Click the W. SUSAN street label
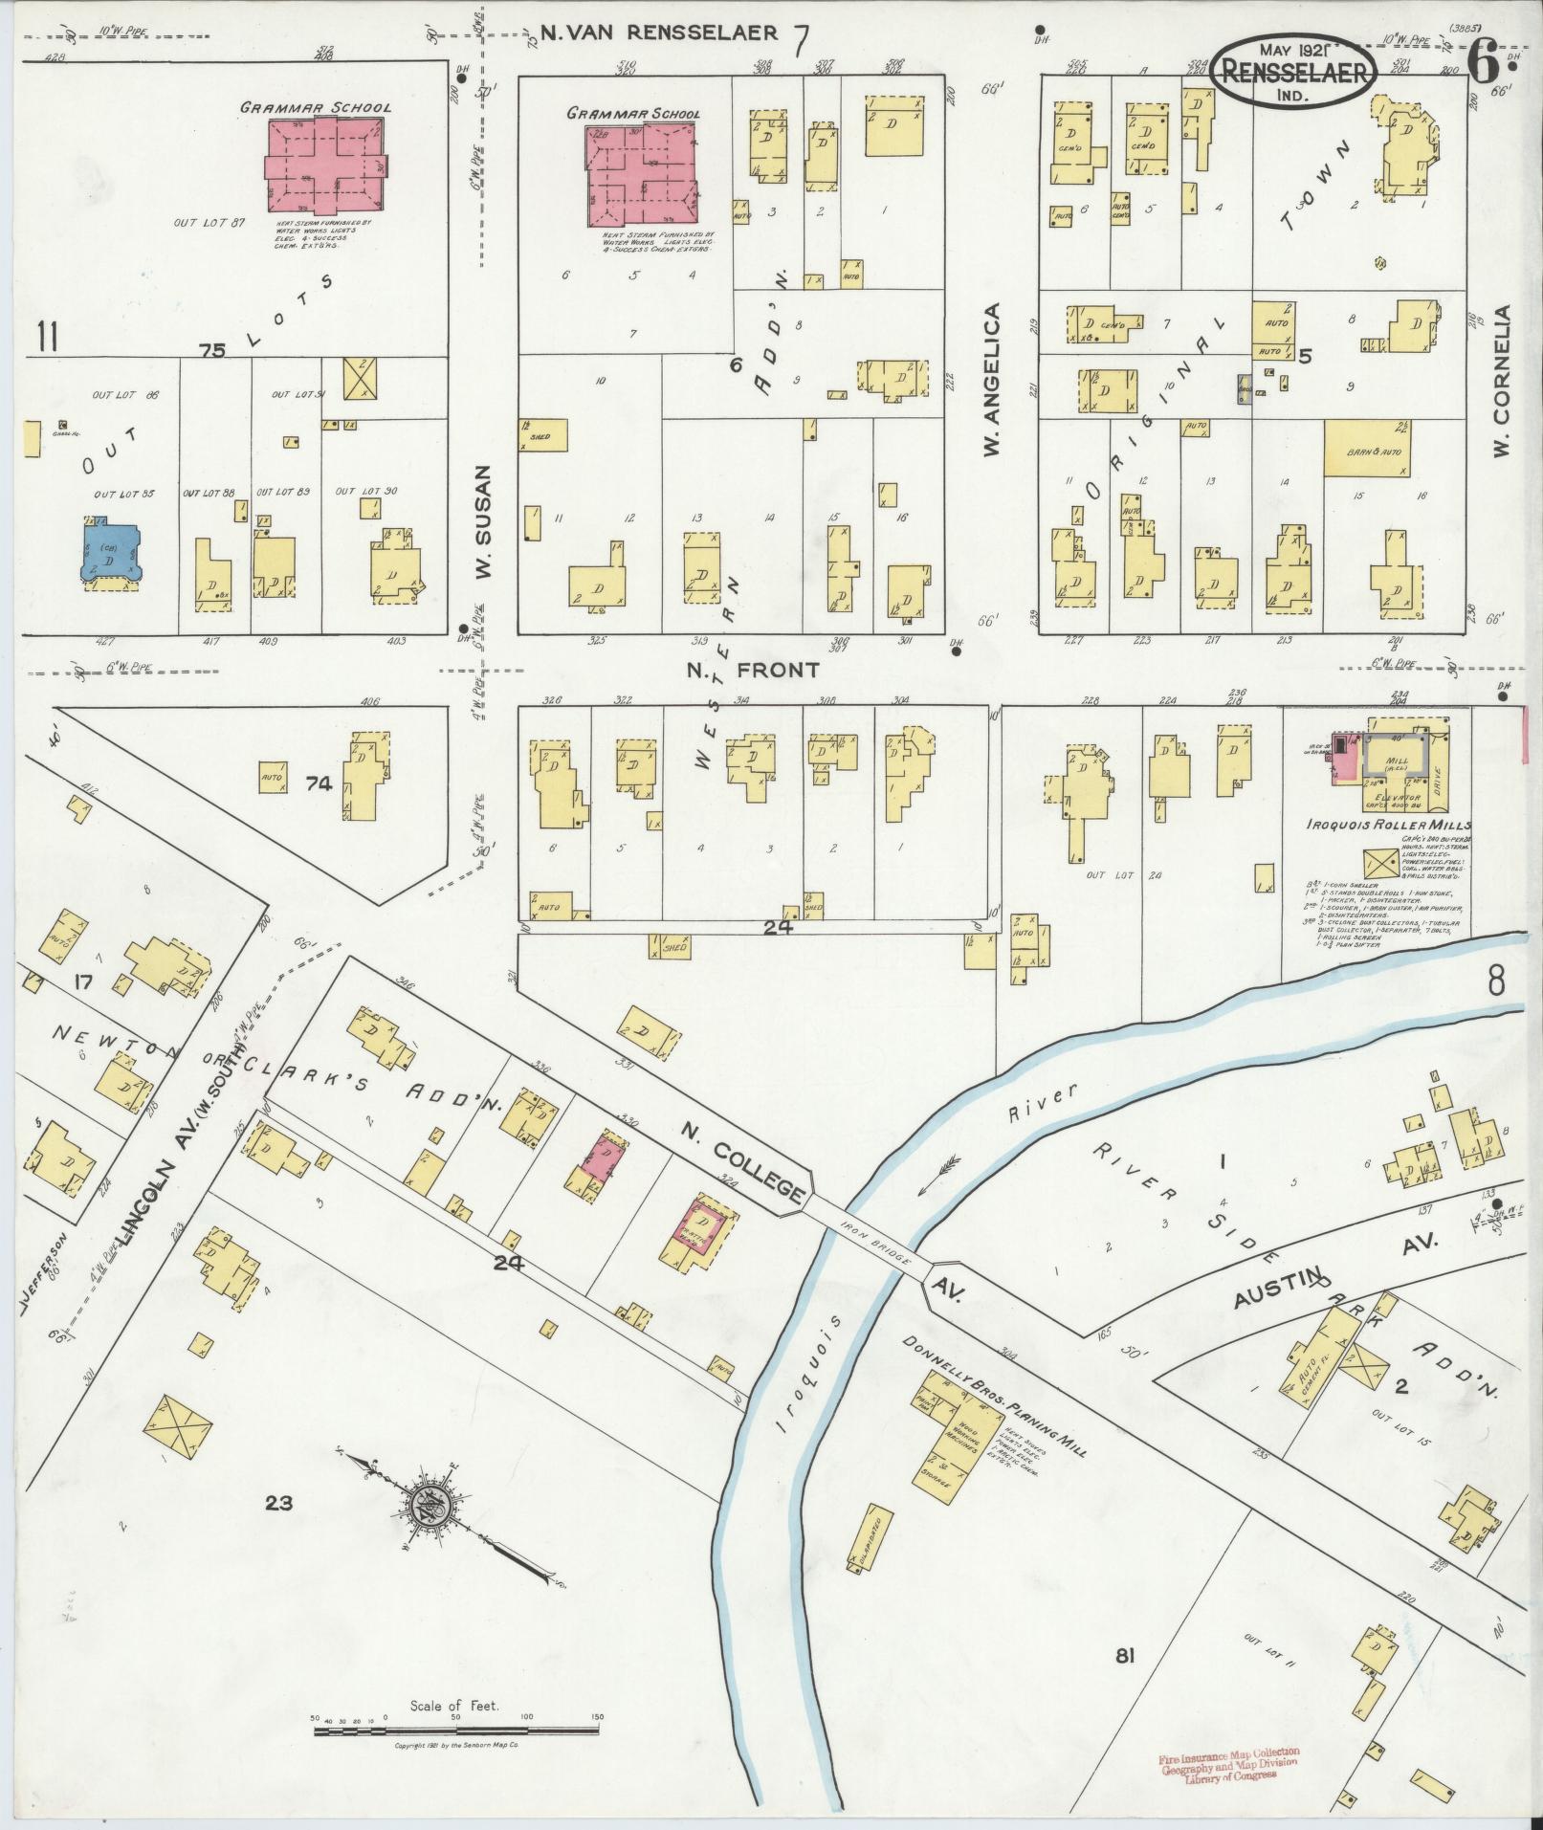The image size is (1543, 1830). pos(484,521)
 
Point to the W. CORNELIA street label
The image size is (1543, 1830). pos(1502,395)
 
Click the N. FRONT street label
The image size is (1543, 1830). pos(754,671)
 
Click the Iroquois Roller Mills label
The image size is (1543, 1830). pos(1388,825)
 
